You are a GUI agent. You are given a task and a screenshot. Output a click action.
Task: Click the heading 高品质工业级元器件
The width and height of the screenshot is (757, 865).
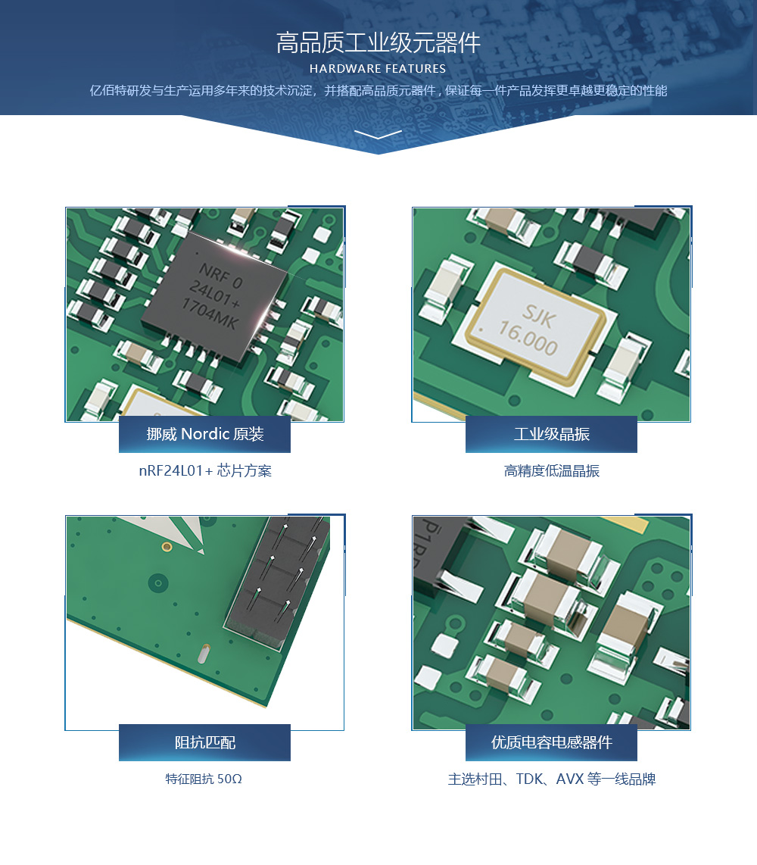tap(378, 43)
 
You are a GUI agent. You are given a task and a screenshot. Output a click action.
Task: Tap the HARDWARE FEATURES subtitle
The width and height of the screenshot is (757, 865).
tap(378, 69)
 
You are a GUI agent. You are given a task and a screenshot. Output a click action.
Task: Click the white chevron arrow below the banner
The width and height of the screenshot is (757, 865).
tap(378, 135)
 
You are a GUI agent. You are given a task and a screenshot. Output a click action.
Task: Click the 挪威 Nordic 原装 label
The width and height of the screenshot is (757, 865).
tap(205, 434)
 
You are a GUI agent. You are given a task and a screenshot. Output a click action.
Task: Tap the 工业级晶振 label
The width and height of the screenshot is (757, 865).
tap(551, 434)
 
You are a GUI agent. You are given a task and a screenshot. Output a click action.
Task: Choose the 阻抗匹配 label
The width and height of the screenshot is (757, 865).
tap(205, 742)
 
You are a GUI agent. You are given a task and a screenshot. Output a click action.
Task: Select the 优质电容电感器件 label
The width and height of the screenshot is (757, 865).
tap(551, 742)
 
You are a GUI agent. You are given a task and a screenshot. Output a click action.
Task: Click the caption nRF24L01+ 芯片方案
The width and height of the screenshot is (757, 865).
tap(205, 470)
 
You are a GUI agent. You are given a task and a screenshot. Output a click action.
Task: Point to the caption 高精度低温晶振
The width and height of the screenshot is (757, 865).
tap(551, 470)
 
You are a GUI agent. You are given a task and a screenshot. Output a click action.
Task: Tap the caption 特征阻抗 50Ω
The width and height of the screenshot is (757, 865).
tap(204, 779)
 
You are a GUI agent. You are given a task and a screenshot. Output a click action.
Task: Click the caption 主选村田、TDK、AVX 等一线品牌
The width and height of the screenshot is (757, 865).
tap(551, 779)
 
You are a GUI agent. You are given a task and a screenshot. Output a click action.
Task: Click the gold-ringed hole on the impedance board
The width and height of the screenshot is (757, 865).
tap(167, 547)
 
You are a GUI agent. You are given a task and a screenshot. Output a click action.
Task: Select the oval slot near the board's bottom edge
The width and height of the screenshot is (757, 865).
tap(204, 653)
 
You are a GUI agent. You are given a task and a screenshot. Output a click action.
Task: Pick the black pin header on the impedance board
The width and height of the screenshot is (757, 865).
tap(279, 579)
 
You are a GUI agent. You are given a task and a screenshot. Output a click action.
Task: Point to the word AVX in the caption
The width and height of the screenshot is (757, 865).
tap(569, 779)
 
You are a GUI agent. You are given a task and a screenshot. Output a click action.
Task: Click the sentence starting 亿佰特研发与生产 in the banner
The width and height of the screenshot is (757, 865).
tap(378, 90)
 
